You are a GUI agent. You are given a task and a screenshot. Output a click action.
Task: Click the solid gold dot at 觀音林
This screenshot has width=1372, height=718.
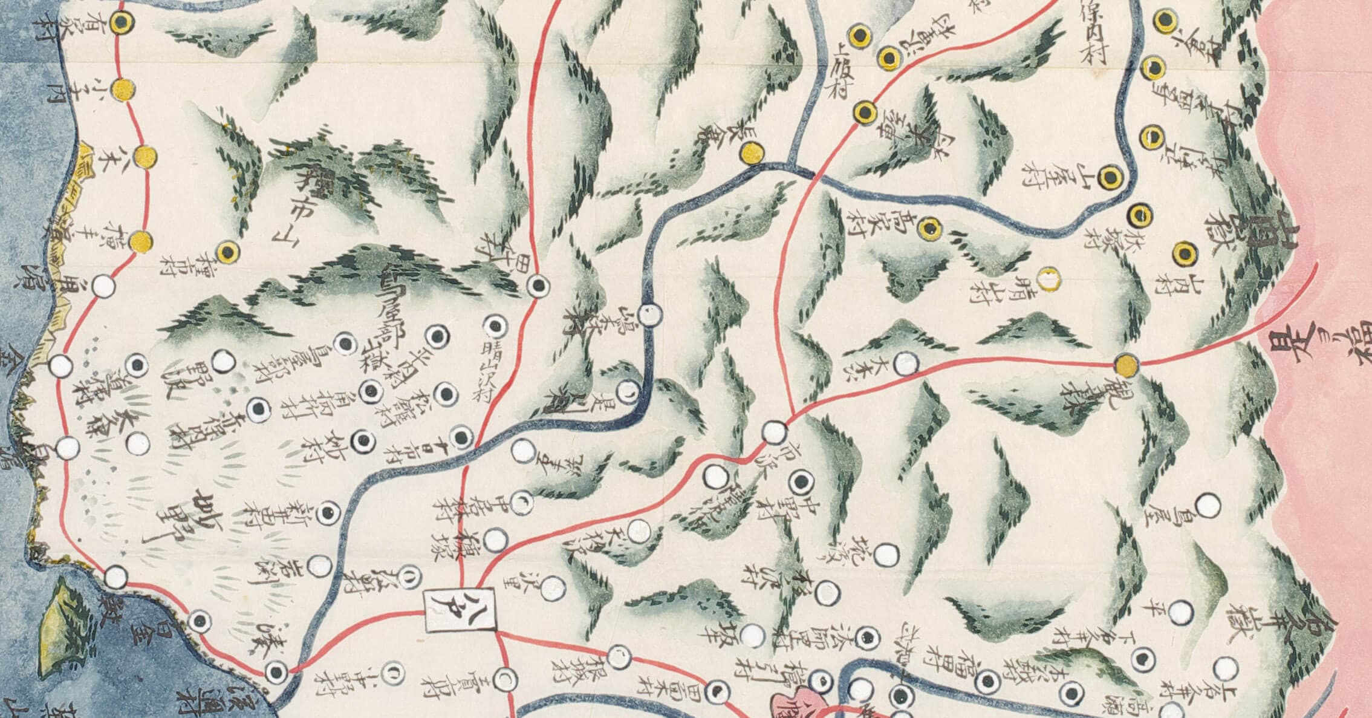click(x=1127, y=365)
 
